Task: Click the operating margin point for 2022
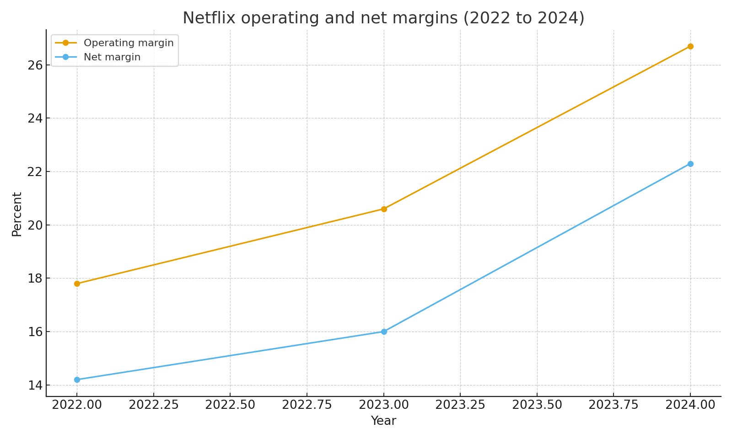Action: coord(77,284)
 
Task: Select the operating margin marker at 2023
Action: coord(384,209)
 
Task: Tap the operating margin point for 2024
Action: coord(690,46)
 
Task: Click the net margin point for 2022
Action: coord(77,380)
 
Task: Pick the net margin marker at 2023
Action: coord(384,332)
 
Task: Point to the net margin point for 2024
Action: coord(690,164)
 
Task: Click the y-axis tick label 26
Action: coord(35,65)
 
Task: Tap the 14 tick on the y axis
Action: coord(35,385)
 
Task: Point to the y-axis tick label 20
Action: coord(35,225)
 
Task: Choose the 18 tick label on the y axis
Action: coord(35,278)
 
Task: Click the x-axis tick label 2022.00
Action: coord(77,405)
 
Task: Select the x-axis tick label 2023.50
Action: coord(537,405)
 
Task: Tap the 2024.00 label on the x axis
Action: coord(690,405)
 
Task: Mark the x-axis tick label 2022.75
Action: coord(307,405)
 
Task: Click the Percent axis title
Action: coord(17,214)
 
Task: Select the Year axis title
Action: coord(383,421)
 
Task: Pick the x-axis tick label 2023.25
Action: coord(460,405)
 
